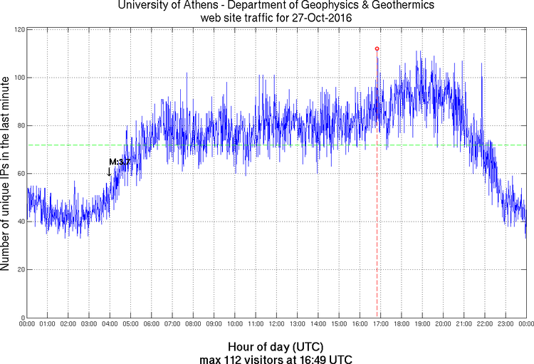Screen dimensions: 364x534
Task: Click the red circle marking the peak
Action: [377, 48]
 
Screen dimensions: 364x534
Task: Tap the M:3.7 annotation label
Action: [119, 162]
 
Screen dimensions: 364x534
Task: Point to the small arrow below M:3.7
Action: [109, 172]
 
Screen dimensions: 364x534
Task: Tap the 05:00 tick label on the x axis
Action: [131, 325]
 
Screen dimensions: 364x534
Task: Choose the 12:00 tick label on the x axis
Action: [276, 325]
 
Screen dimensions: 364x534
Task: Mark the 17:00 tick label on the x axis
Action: [380, 325]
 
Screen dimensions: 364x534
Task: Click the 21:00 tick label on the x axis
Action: [464, 325]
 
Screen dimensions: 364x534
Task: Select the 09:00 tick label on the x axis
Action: [214, 325]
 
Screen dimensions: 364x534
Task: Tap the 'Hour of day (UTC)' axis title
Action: [276, 346]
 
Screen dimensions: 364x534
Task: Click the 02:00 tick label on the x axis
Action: [68, 325]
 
